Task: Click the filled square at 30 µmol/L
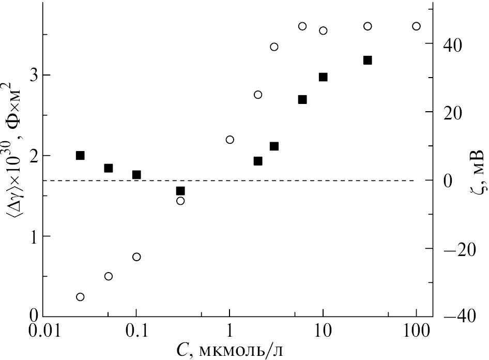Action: click(x=368, y=60)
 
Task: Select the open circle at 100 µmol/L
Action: click(x=416, y=26)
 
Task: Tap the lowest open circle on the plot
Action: click(x=80, y=297)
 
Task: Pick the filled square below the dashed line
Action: click(x=180, y=191)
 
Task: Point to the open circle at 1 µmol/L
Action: click(x=230, y=140)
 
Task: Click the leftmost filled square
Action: click(x=80, y=155)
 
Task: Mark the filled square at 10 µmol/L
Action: click(x=323, y=77)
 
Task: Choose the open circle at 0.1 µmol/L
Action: click(x=136, y=257)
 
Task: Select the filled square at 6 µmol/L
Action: click(x=302, y=99)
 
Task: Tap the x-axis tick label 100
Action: click(x=416, y=331)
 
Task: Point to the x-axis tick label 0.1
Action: click(x=136, y=331)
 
